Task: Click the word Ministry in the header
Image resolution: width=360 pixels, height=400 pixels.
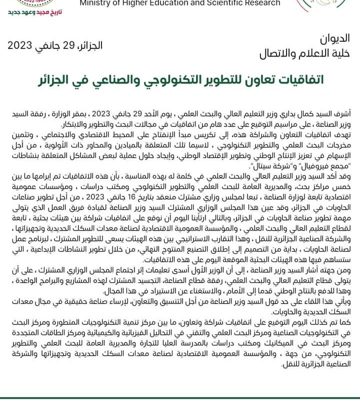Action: click(94, 3)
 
